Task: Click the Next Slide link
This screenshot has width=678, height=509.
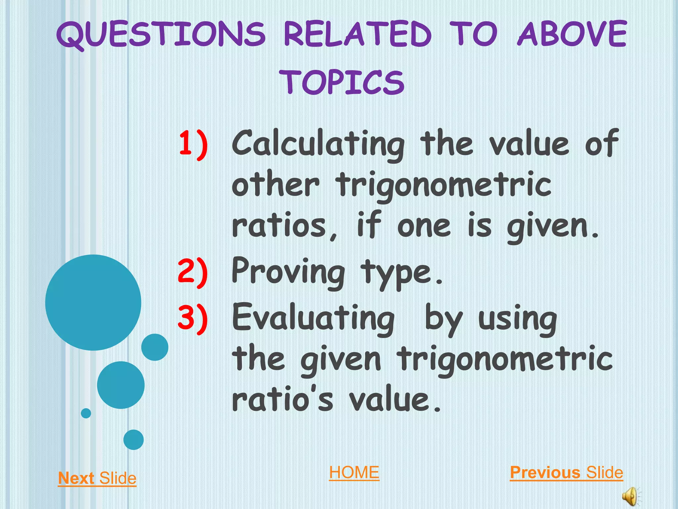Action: pyautogui.click(x=97, y=478)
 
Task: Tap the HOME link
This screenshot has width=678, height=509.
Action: pyautogui.click(x=354, y=472)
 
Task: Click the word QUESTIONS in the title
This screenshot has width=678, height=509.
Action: pyautogui.click(x=161, y=34)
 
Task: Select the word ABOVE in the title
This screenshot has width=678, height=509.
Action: pyautogui.click(x=572, y=33)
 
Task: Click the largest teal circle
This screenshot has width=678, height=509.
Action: pyautogui.click(x=93, y=302)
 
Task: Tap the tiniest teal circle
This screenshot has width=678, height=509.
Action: pyautogui.click(x=86, y=413)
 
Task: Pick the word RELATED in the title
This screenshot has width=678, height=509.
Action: pyautogui.click(x=358, y=33)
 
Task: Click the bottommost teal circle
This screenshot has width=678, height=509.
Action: pyautogui.click(x=133, y=439)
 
